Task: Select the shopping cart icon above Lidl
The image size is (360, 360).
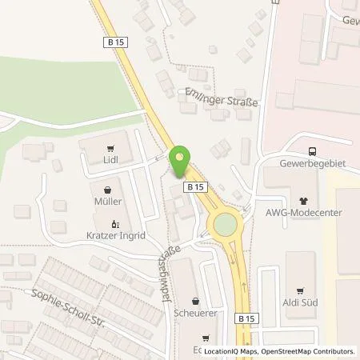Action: pos(110,147)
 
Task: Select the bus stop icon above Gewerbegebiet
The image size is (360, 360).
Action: pos(313,151)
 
